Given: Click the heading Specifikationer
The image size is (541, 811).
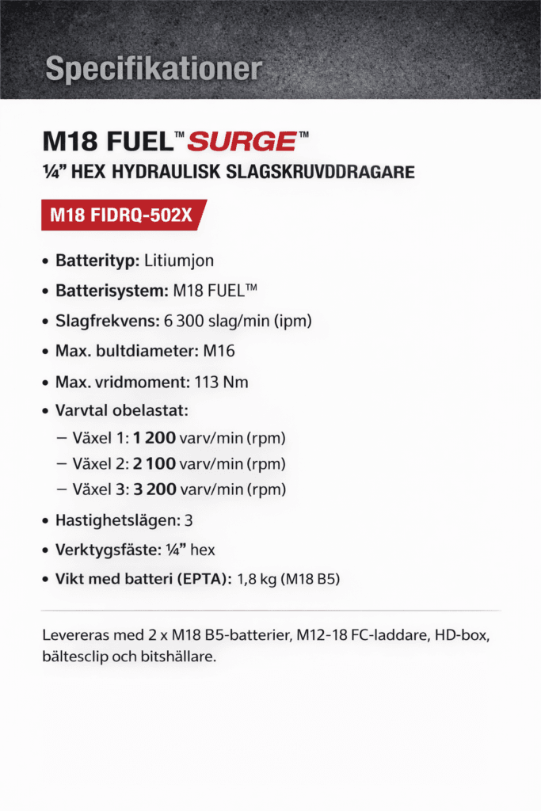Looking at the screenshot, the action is [x=154, y=69].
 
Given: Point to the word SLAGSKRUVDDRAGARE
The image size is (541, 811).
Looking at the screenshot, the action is [x=331, y=172].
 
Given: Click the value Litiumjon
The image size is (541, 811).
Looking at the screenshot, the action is [x=179, y=261].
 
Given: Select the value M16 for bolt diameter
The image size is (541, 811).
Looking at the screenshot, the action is [x=219, y=352].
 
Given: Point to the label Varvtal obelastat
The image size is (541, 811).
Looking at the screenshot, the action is [x=124, y=413].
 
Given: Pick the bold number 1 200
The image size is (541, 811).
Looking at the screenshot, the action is [x=154, y=438].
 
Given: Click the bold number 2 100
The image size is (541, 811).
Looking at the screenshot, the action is [x=154, y=463].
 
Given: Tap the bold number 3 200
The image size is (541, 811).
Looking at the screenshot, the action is [x=154, y=489].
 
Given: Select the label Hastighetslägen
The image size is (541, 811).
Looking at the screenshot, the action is [x=116, y=521].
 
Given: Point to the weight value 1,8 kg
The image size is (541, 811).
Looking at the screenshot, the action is [x=257, y=581].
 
